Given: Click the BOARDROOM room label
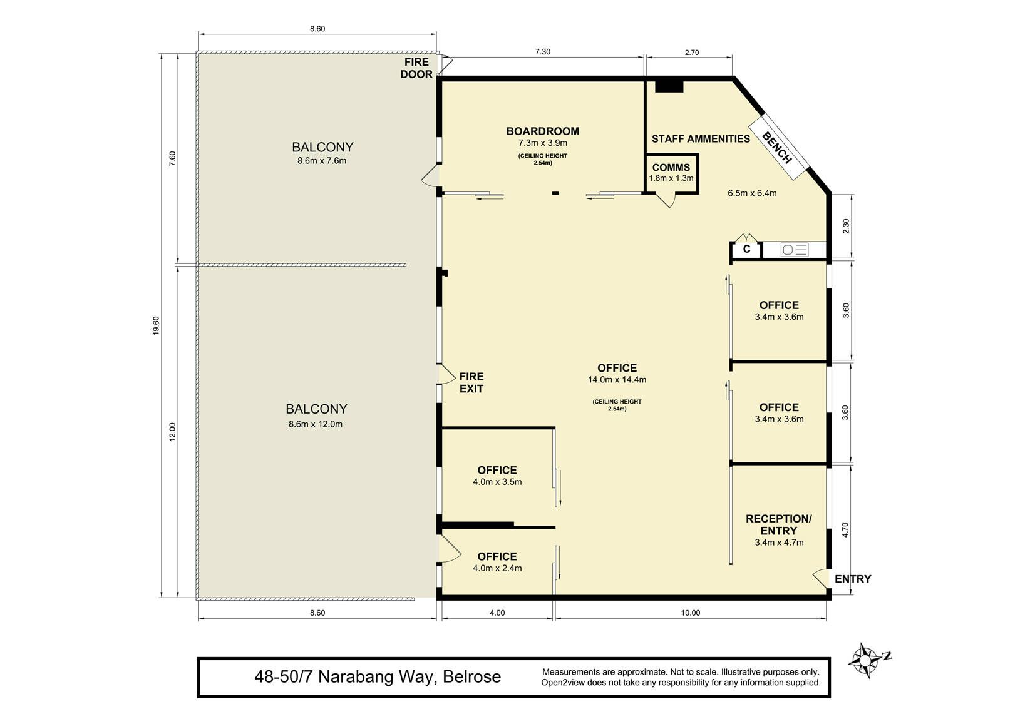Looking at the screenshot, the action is point(543,131).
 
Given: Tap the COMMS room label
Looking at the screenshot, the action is point(671,168).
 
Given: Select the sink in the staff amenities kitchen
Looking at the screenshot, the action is point(795,250).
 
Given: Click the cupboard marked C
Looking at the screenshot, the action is point(746,250).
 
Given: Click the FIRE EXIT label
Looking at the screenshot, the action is point(471,383).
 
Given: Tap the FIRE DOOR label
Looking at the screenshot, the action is point(416,68).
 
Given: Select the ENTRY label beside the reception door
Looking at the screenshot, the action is point(853,579).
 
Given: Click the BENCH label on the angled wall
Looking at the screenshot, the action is point(777,147).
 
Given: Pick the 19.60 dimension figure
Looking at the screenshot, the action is point(156,325).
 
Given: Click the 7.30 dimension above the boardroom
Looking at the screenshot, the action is point(543,52).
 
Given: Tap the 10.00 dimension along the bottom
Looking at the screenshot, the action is point(691,613).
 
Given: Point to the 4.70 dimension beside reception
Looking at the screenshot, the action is point(845,529).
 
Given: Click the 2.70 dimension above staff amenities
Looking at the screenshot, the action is point(692,53).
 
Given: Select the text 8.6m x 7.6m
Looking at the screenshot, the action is point(322,161).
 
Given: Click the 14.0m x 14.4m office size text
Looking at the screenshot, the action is point(617,380).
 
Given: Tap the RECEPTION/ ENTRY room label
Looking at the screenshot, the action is point(778,524).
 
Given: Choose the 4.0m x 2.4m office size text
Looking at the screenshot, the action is point(497,568).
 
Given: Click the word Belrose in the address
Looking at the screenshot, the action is point(472,676).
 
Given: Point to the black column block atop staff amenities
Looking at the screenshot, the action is point(669,86).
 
